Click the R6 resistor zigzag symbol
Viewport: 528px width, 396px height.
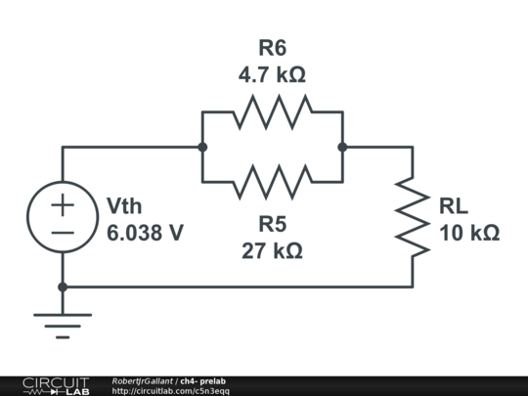[272, 112]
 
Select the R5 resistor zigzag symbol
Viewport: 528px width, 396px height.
[272, 182]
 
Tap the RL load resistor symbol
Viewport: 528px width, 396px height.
[412, 217]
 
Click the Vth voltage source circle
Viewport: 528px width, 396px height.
[63, 218]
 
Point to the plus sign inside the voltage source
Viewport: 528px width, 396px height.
[63, 205]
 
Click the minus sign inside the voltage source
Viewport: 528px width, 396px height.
[63, 233]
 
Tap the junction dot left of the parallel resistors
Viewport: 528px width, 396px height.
[202, 148]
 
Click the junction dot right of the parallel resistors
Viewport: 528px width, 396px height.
[342, 148]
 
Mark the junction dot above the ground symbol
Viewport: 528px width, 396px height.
[63, 287]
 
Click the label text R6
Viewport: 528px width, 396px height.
[273, 46]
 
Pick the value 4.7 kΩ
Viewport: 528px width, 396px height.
[273, 72]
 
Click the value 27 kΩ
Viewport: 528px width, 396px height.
[273, 251]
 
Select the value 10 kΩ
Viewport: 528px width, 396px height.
[469, 234]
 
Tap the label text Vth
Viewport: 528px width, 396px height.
[124, 206]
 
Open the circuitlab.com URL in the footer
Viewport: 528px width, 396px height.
[171, 391]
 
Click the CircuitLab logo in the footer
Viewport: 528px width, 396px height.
[55, 385]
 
